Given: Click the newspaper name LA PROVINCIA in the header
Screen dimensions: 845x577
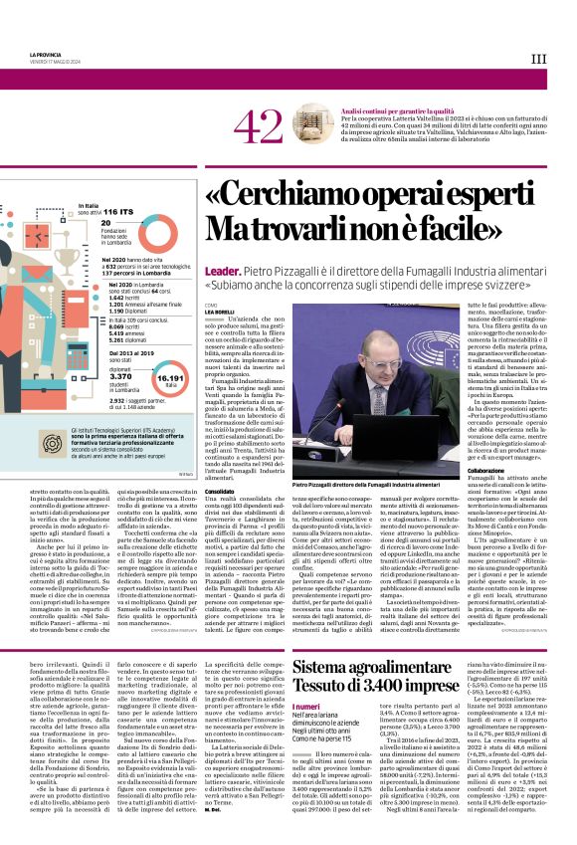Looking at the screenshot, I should coord(31,52).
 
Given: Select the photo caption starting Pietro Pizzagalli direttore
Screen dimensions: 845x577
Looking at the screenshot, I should coord(369,484).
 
